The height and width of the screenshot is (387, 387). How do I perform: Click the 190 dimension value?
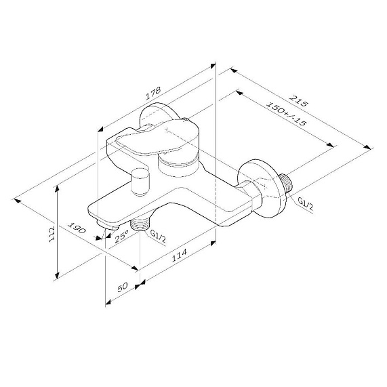pos(77,230)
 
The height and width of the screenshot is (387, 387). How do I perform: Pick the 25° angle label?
pos(121,237)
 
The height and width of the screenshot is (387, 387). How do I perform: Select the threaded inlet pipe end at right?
pos(289,184)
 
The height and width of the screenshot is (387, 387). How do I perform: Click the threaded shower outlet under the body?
pos(141,224)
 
